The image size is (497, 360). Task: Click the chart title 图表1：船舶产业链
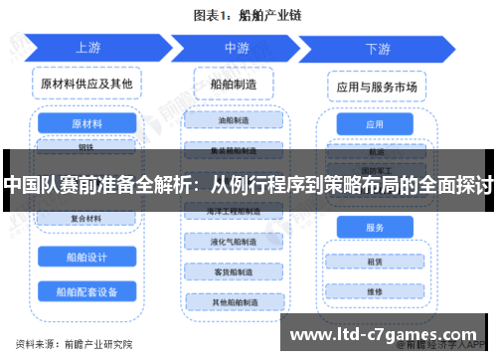pyautogui.click(x=248, y=14)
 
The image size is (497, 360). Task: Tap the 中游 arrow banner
pyautogui.click(x=236, y=48)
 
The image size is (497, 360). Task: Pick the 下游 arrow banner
pyautogui.click(x=377, y=48)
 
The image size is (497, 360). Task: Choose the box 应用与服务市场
pyautogui.click(x=376, y=87)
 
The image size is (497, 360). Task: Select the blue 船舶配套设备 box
pyautogui.click(x=86, y=291)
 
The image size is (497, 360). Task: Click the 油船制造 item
pyautogui.click(x=235, y=121)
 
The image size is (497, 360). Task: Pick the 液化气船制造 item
pyautogui.click(x=235, y=242)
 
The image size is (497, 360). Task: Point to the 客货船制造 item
pyautogui.click(x=235, y=270)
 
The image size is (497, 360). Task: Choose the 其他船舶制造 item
pyautogui.click(x=235, y=301)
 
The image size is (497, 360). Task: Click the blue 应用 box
pyautogui.click(x=375, y=125)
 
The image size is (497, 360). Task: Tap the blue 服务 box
pyautogui.click(x=375, y=228)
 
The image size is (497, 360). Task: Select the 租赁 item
pyautogui.click(x=375, y=263)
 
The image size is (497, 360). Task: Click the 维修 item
pyautogui.click(x=375, y=291)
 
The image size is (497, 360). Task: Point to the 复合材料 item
pyautogui.click(x=85, y=218)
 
